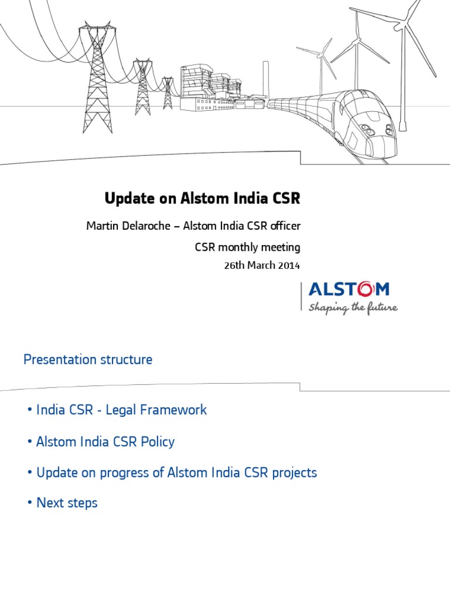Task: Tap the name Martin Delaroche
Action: point(123,226)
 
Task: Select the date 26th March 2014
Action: point(261,265)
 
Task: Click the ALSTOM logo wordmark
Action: point(349,289)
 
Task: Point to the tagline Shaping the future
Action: point(353,307)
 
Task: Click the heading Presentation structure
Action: point(88,360)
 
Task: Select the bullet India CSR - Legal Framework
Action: point(121,410)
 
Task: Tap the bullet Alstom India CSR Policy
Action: point(105,441)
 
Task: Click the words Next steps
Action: point(67,503)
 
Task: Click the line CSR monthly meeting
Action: point(247,247)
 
